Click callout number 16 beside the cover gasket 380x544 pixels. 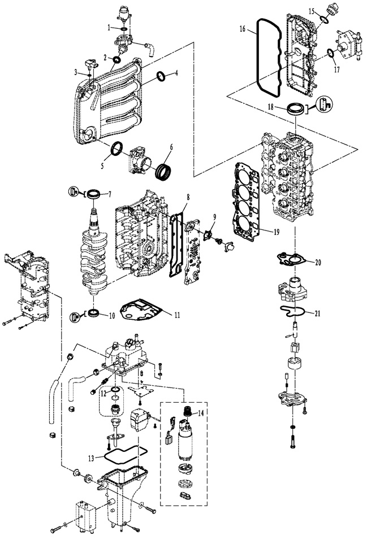click(242, 28)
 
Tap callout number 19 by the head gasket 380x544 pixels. click(277, 232)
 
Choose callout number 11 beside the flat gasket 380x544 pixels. click(177, 315)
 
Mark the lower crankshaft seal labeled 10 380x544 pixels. click(94, 313)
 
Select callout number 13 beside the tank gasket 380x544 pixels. click(91, 458)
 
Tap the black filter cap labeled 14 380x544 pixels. click(188, 411)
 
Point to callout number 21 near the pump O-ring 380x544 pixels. click(317, 313)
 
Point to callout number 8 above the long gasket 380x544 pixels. click(188, 197)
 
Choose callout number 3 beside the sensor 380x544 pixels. click(75, 72)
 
